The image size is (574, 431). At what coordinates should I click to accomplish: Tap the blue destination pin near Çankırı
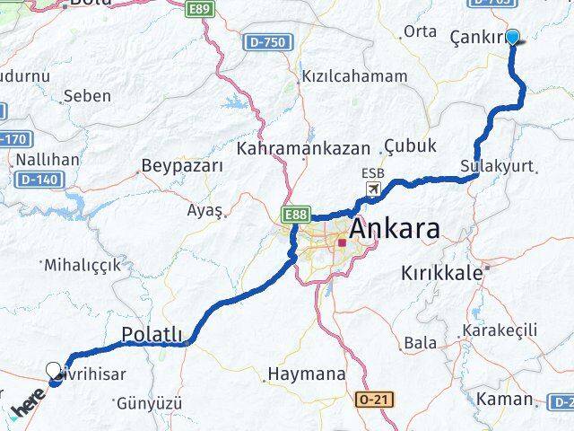click(513, 37)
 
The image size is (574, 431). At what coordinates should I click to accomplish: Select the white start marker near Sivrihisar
click(54, 370)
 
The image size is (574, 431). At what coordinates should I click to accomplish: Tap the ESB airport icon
click(373, 189)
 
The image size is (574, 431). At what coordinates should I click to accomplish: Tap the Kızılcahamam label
click(354, 76)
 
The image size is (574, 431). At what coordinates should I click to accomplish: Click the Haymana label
click(306, 374)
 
